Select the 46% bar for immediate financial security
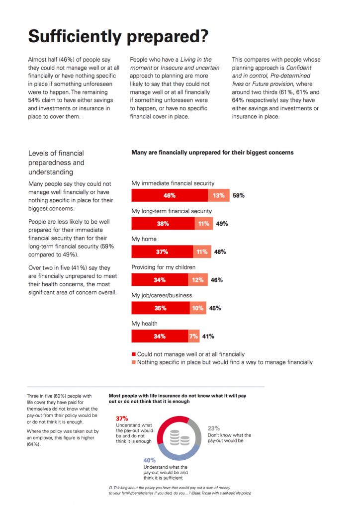[170, 195]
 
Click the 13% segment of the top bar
[218, 195]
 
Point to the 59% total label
[239, 195]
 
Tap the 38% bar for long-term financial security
[163, 224]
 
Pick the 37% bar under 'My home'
[162, 252]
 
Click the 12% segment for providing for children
[197, 280]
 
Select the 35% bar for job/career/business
[161, 308]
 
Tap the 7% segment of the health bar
[193, 337]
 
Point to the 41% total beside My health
[208, 337]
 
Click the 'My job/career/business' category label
[162, 295]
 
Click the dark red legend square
[133, 354]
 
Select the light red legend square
[133, 362]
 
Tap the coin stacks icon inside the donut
[180, 438]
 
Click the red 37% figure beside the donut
[122, 419]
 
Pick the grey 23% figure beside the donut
[214, 428]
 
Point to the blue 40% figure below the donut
[149, 460]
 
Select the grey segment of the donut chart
[197, 430]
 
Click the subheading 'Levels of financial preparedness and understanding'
[56, 163]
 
